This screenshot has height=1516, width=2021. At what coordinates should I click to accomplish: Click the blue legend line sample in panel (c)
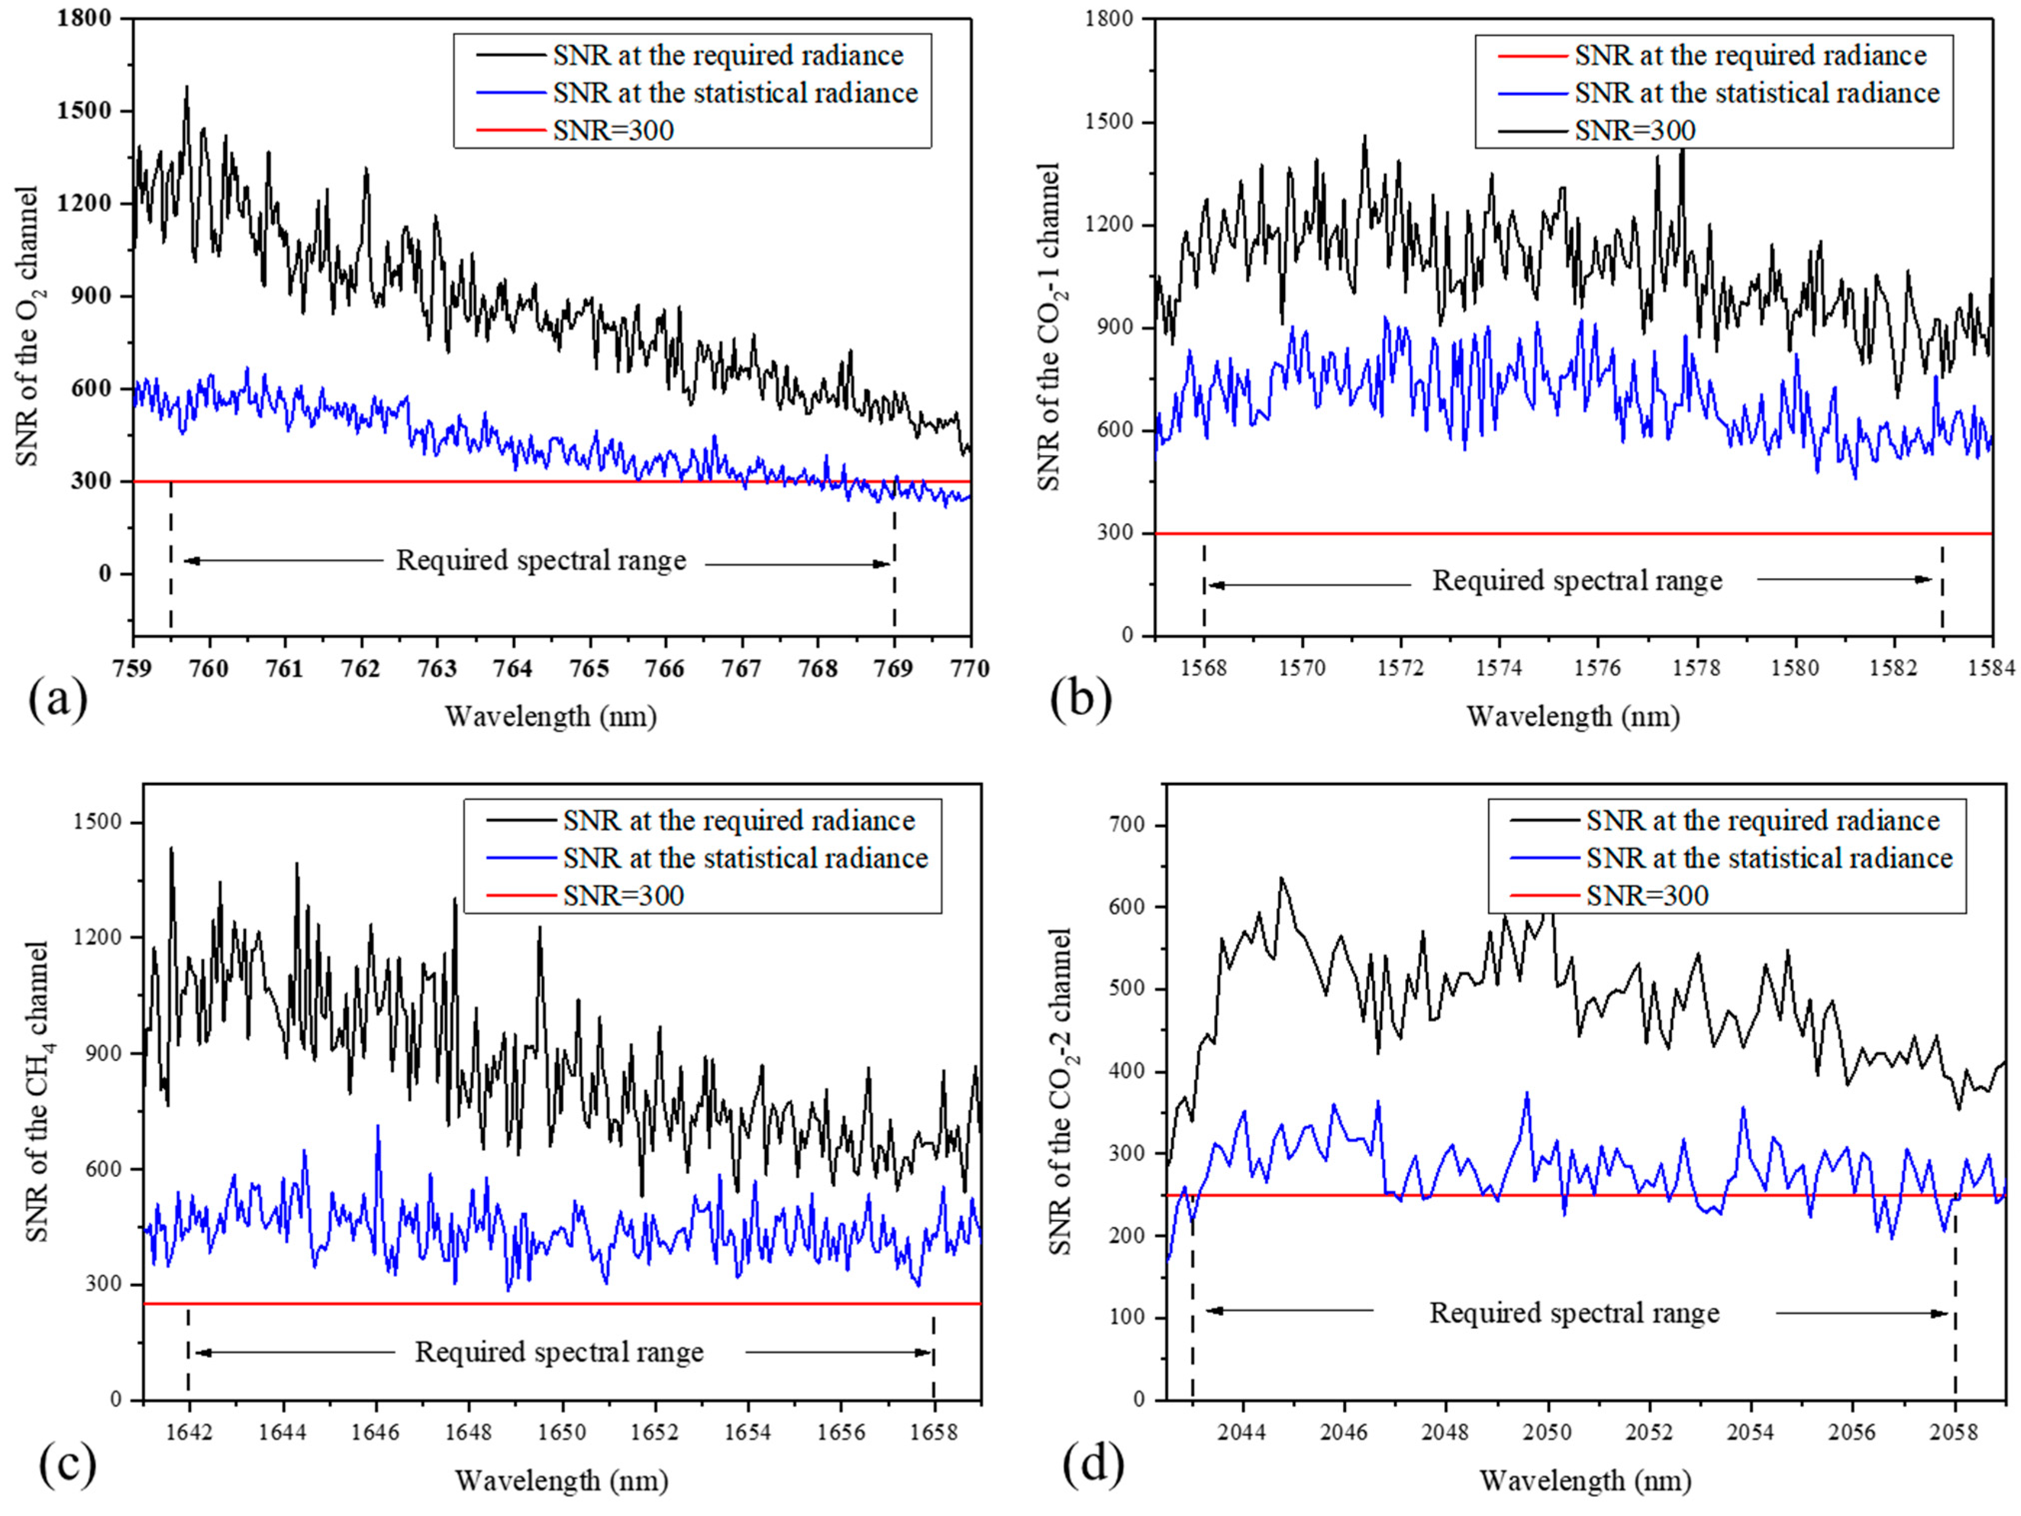click(521, 858)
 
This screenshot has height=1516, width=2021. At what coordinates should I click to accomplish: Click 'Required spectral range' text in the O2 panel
click(541, 560)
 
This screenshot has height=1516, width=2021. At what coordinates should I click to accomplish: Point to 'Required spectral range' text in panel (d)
click(1573, 1313)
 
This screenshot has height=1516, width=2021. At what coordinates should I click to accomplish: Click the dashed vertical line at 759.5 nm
click(171, 557)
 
